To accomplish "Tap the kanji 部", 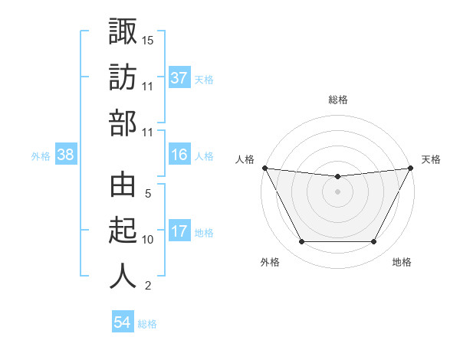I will coord(123,123).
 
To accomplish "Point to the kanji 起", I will coord(123,231).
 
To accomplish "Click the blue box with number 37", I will coord(179,78).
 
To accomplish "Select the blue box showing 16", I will coord(179,155).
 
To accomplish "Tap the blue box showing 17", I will coord(179,232).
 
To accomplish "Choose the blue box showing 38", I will coord(65,155).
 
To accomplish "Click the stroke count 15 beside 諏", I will coord(148,40).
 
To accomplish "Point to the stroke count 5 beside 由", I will coord(148,194).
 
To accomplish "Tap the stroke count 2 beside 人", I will coord(148,286).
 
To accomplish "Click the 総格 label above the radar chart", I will coord(338,100).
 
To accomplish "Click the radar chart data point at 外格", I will coord(301,242).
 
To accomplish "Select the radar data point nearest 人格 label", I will coord(264,168).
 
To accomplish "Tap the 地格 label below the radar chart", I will coord(402,263).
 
